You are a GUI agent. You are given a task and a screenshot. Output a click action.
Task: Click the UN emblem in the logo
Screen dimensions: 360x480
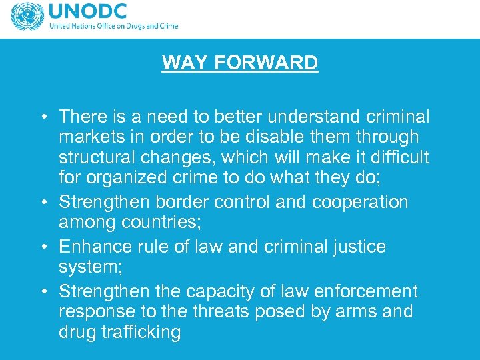(27, 17)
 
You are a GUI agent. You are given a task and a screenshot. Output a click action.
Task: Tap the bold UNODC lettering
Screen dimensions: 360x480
(87, 13)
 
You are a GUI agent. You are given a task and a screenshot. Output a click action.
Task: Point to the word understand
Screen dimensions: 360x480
(311, 117)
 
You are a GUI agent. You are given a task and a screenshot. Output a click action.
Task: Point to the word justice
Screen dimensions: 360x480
(356, 247)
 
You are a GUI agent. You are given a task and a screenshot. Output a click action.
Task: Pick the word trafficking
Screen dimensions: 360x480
(140, 332)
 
